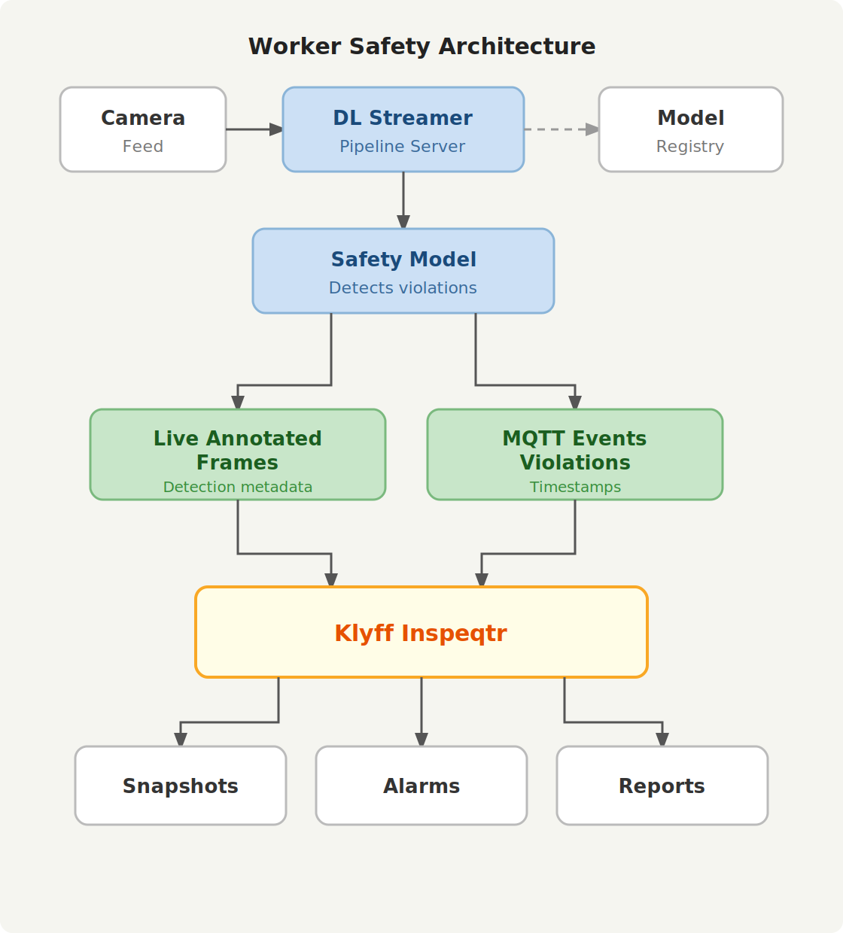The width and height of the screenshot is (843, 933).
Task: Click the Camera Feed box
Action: pos(143,129)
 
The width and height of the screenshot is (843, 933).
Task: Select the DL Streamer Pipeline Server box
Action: pos(403,129)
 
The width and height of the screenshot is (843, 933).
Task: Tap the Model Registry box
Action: pos(690,129)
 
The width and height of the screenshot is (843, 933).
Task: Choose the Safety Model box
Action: pos(403,271)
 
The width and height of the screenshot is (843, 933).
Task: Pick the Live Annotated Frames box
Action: pos(238,454)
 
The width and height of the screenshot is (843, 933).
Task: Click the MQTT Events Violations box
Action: pos(575,454)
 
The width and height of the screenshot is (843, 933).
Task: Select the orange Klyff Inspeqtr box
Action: pos(421,632)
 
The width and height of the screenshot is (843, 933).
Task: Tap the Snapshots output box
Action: pos(181,786)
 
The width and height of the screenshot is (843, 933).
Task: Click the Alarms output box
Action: pos(421,786)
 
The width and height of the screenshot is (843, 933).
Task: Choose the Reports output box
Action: pos(662,786)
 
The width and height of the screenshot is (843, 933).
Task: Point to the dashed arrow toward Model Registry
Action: pos(561,129)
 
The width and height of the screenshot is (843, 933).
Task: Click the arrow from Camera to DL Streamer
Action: pos(254,129)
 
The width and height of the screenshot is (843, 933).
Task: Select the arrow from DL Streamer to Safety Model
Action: pos(403,199)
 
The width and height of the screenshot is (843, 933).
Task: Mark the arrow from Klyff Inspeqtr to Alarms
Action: pos(421,711)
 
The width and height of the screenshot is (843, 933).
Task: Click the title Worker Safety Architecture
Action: pos(421,47)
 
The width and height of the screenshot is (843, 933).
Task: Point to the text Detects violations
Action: pos(403,288)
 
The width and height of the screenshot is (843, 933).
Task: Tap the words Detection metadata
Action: pos(238,487)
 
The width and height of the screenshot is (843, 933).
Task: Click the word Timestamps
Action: pos(575,487)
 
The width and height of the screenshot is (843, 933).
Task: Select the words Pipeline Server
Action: pos(402,147)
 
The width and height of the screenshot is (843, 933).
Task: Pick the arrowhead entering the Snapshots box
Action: pos(181,739)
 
